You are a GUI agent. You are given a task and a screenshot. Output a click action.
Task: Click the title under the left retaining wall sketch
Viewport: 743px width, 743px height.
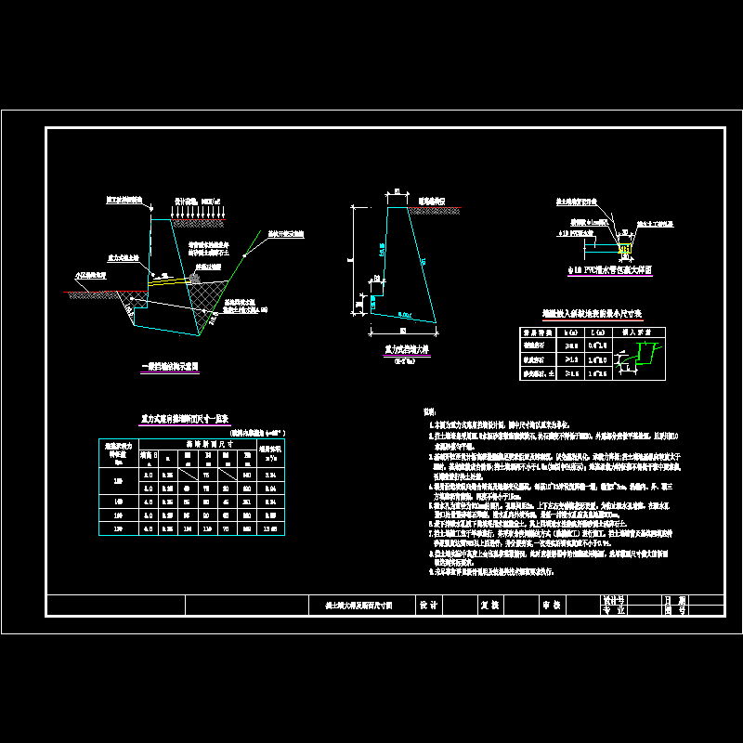(169, 367)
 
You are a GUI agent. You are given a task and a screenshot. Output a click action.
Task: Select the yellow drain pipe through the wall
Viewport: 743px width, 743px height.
(172, 278)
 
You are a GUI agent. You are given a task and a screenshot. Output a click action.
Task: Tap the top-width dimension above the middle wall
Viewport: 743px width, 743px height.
(398, 192)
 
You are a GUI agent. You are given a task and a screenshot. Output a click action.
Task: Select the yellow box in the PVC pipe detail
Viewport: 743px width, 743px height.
(624, 249)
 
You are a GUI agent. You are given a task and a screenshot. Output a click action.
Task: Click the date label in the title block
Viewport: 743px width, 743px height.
(674, 599)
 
